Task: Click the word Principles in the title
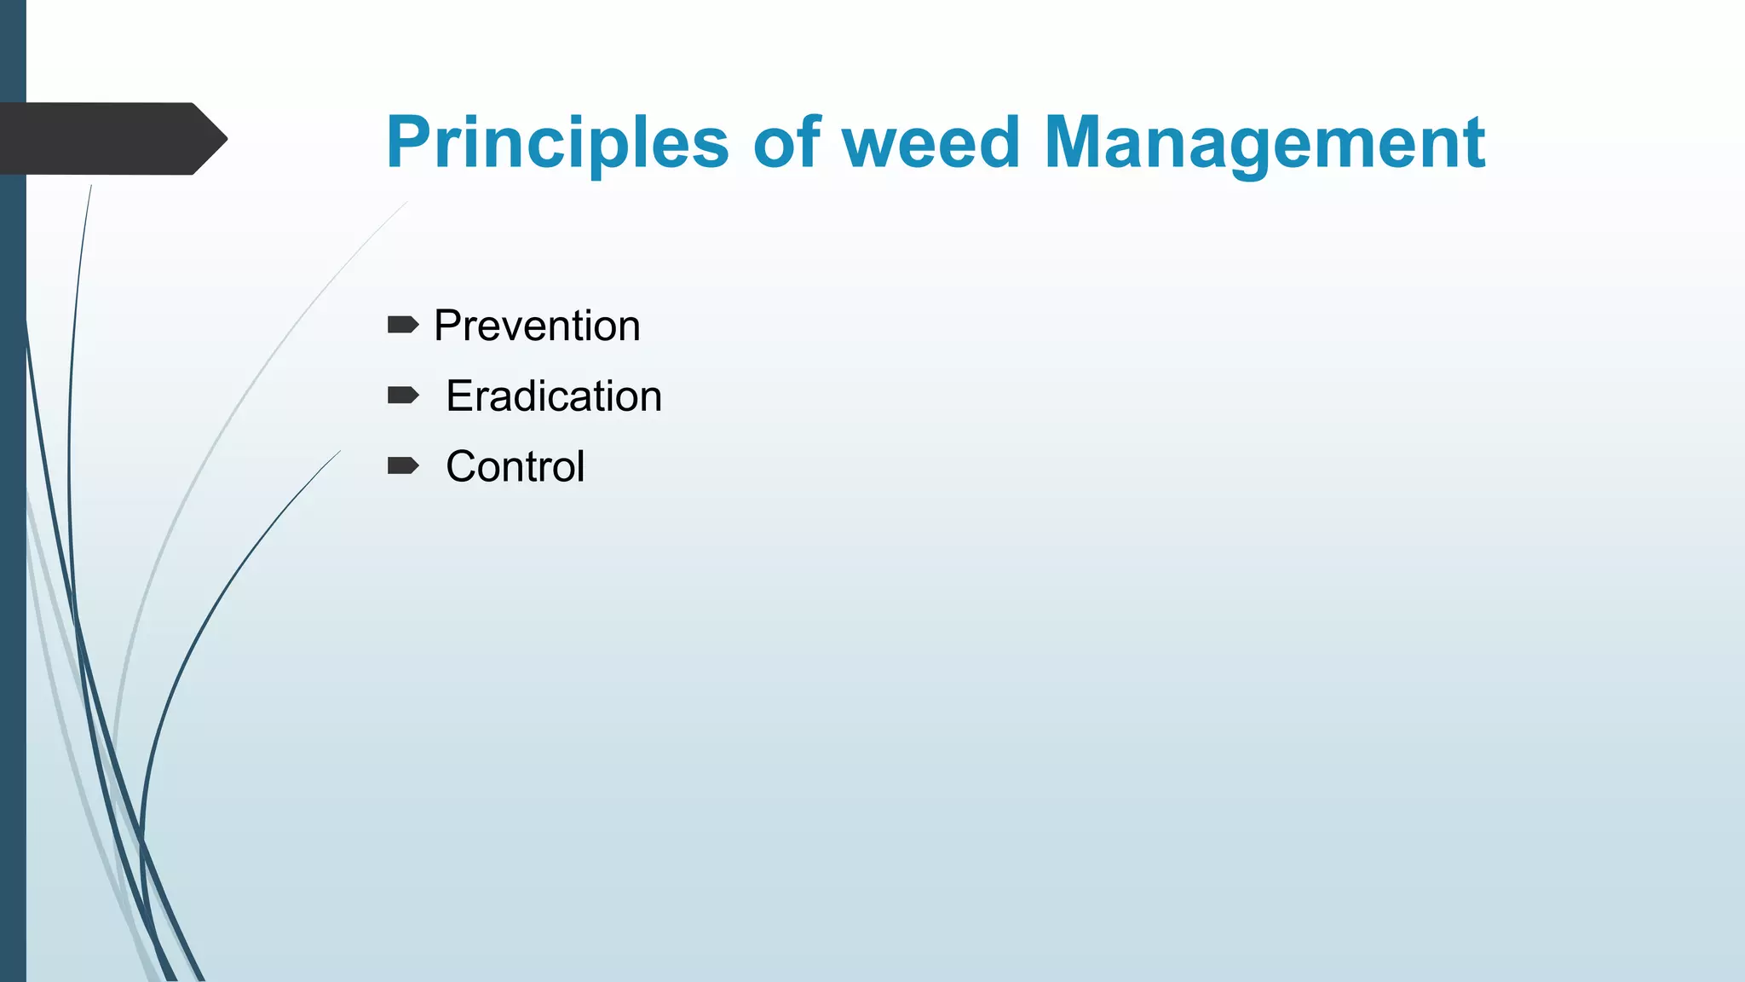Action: [557, 143]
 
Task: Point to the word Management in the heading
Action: [1264, 143]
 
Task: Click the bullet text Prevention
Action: [537, 326]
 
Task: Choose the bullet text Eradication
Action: [554, 396]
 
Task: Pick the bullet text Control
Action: [515, 467]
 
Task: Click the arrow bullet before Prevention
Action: [403, 325]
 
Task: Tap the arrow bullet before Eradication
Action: [403, 395]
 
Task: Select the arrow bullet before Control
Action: [403, 465]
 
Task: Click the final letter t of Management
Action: [1475, 143]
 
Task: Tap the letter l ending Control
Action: [580, 466]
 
